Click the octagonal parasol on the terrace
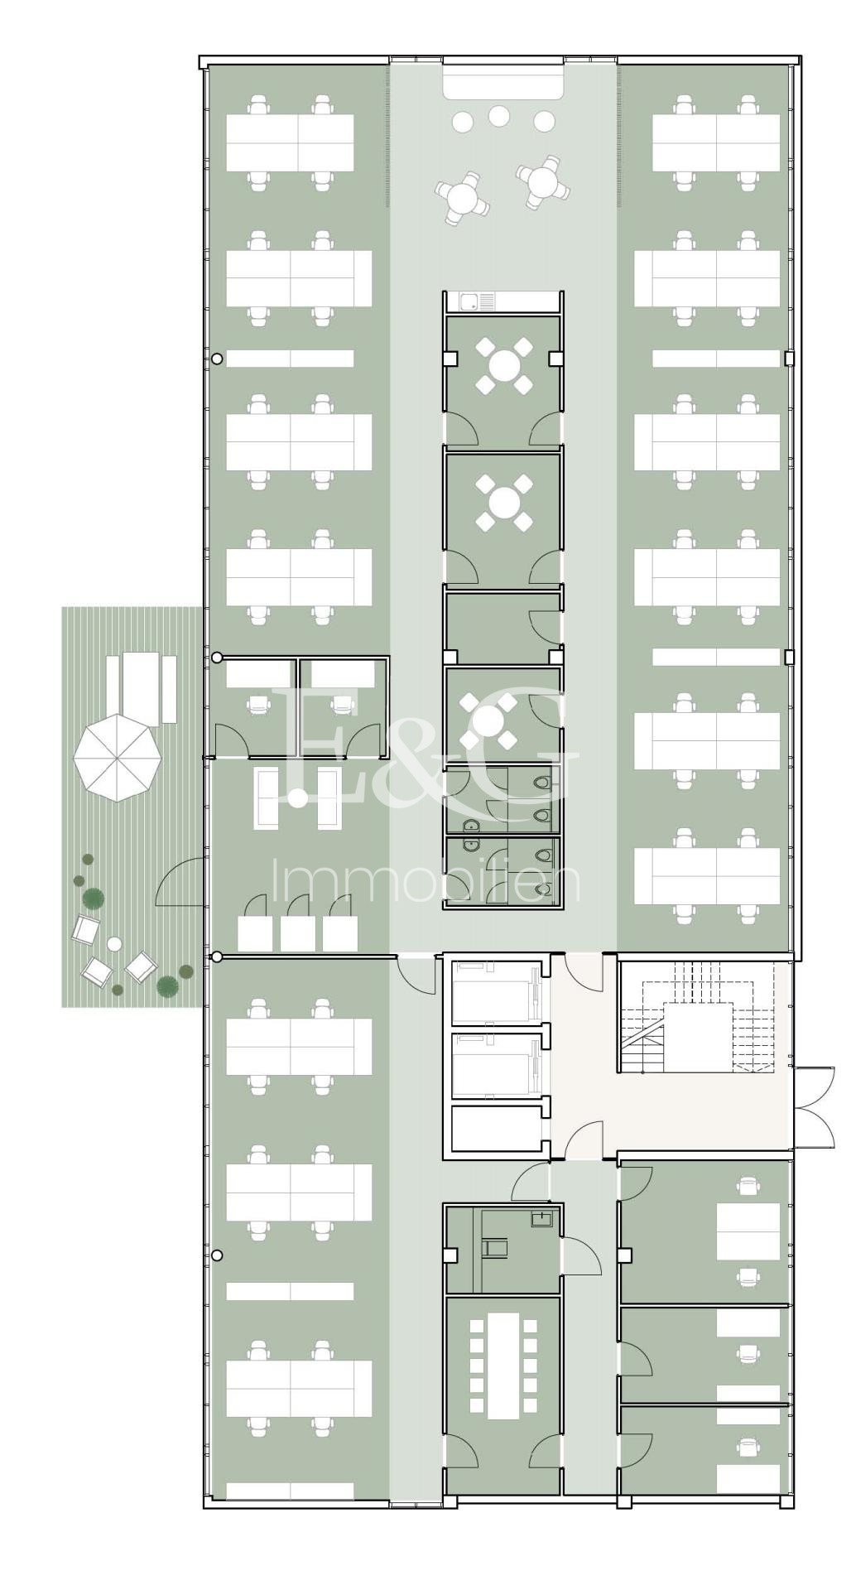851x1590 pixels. click(117, 759)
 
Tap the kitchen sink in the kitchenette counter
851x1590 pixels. click(469, 301)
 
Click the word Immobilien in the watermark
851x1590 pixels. click(425, 883)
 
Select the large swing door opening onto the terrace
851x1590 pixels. click(180, 883)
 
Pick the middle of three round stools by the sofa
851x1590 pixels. click(498, 116)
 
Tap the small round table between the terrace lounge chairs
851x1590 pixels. click(114, 944)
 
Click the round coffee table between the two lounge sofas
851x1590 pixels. click(298, 798)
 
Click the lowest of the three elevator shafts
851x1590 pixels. click(495, 1128)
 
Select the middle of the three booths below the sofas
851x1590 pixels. click(297, 933)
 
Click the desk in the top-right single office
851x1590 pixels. click(748, 1230)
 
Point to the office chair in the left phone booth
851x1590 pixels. click(259, 704)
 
